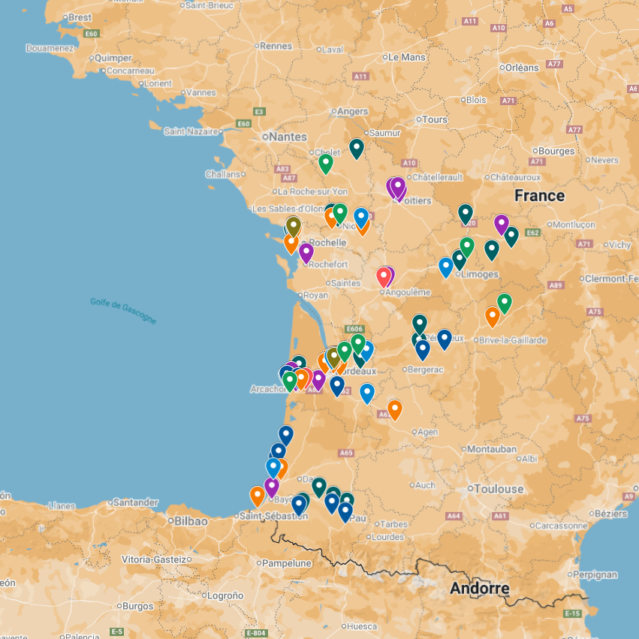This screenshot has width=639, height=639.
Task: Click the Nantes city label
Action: click(288, 137)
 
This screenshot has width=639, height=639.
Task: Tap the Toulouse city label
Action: click(499, 489)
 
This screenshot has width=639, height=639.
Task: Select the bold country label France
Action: click(539, 196)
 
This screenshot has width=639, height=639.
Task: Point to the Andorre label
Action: click(480, 589)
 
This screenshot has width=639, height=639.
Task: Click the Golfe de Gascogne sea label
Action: click(123, 311)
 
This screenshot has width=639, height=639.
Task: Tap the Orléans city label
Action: click(522, 68)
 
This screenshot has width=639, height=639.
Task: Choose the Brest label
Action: click(80, 17)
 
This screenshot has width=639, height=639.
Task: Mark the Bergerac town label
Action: click(425, 369)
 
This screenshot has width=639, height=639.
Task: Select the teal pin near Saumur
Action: click(357, 147)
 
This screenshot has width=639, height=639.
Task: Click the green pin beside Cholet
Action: click(325, 162)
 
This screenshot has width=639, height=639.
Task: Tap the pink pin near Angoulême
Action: click(384, 276)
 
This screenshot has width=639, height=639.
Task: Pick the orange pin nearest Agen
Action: click(394, 408)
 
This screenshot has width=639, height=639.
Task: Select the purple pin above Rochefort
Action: click(306, 252)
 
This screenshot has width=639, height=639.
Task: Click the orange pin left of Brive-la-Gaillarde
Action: click(492, 315)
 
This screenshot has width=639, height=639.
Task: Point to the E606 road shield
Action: click(354, 330)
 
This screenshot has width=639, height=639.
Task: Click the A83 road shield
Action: click(282, 169)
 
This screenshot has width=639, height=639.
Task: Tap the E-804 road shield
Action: click(256, 633)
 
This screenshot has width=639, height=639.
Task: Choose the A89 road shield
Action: click(556, 285)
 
